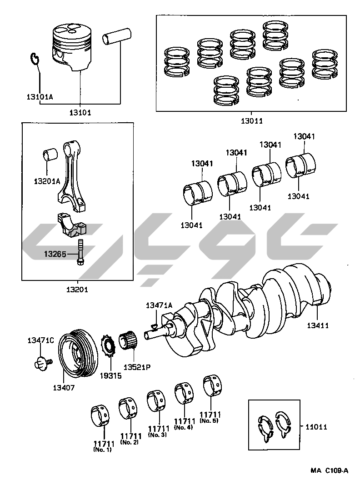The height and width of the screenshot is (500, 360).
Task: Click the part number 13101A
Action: pos(40,96)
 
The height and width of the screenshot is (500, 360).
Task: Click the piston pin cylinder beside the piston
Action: pos(117,35)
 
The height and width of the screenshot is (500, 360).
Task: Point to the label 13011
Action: pos(251,121)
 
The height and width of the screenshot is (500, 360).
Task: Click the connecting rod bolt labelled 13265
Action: pos(80,252)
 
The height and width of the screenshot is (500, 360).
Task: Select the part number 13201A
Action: pos(47,181)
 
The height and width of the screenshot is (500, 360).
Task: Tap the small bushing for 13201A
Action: pos(50,155)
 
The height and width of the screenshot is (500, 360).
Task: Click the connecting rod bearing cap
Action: pos(73,225)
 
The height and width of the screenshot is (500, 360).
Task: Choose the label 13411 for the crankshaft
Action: pos(318,325)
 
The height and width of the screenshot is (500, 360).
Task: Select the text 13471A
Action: pos(159,305)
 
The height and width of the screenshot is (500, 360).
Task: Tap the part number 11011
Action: pos(316,427)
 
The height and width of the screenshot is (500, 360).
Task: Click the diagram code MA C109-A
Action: pos(330,470)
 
